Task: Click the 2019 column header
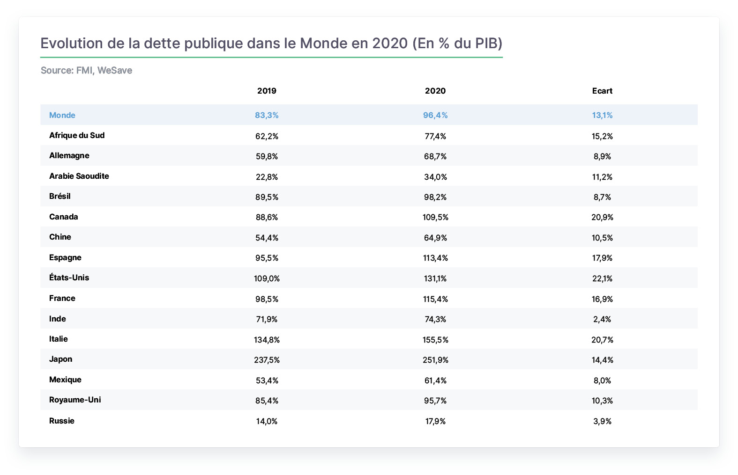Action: click(267, 91)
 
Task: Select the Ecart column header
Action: click(602, 91)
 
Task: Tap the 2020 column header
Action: click(435, 91)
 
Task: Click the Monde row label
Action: click(62, 115)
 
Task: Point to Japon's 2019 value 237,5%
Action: click(267, 360)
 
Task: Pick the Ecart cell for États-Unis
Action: click(602, 278)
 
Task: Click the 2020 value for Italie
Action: click(435, 339)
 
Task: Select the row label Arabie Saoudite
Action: click(79, 176)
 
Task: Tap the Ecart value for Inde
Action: click(602, 319)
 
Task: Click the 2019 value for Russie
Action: click(267, 421)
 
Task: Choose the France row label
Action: click(62, 298)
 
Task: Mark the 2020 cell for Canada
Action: click(435, 217)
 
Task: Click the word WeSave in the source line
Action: click(115, 70)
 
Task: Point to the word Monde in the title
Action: click(323, 44)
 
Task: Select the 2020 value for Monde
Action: click(435, 115)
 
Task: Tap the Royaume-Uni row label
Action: click(75, 400)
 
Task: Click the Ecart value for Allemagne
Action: click(602, 156)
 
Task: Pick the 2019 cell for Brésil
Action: click(267, 197)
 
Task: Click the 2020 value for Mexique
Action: click(435, 380)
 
